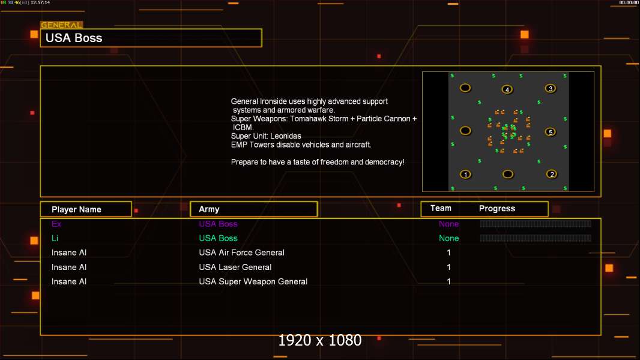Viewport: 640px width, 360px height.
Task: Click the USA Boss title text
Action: click(x=74, y=38)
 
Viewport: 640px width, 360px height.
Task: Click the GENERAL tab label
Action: click(x=61, y=25)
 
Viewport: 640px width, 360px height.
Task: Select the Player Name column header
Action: click(x=76, y=209)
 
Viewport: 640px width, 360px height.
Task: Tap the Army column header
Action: click(x=209, y=209)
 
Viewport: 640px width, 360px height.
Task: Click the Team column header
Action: click(x=441, y=208)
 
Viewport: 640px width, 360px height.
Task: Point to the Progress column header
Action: click(x=497, y=209)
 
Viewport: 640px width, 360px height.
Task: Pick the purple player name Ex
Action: click(x=56, y=224)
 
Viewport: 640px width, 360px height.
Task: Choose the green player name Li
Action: click(x=55, y=238)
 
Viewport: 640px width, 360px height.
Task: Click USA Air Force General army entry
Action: click(x=241, y=253)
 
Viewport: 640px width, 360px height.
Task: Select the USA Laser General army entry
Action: click(x=235, y=267)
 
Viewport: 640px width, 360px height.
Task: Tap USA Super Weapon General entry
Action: click(x=253, y=282)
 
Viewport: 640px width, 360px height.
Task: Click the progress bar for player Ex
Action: click(x=536, y=223)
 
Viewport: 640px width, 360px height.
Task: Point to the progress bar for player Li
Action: click(x=536, y=238)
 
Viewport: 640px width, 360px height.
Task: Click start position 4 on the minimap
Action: click(x=507, y=89)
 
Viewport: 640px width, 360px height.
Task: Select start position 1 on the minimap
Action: click(x=465, y=175)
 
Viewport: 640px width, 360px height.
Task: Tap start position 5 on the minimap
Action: click(x=551, y=132)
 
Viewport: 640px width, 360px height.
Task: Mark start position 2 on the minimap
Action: click(x=552, y=174)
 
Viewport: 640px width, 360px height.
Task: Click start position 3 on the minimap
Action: click(x=551, y=88)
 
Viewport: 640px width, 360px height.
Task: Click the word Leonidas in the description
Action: click(x=286, y=136)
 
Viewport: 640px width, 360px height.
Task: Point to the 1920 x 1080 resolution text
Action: click(x=320, y=340)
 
